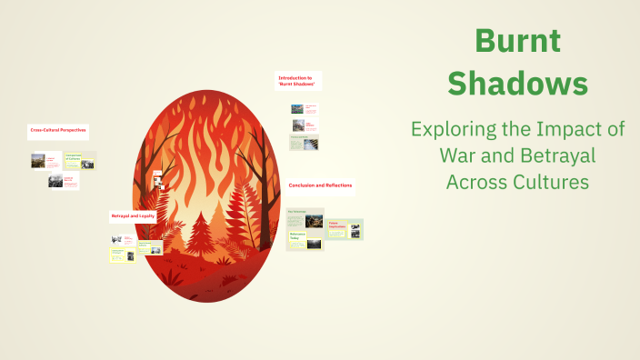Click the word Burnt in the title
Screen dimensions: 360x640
[x=518, y=41]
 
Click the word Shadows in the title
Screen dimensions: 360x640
[x=518, y=84]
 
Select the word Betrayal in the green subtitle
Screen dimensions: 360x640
[x=561, y=155]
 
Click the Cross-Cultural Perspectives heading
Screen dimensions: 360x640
[x=58, y=131]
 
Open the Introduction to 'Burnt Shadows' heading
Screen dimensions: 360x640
[x=297, y=81]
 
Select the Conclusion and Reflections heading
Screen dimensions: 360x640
[x=320, y=185]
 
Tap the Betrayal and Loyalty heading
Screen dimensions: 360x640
[x=133, y=216]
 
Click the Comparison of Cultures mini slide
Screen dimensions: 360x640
[x=80, y=160]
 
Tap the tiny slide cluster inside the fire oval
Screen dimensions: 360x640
[x=157, y=178]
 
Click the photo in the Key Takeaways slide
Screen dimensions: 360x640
[x=314, y=219]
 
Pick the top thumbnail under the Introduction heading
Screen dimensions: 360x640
[x=298, y=108]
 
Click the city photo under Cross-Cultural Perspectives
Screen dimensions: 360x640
[x=38, y=161]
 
